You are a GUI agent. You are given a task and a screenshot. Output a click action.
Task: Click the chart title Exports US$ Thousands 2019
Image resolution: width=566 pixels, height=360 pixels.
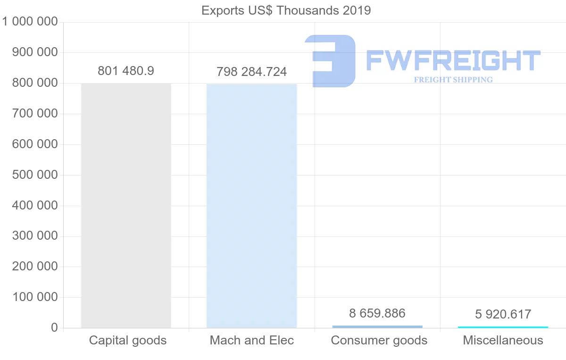(286, 10)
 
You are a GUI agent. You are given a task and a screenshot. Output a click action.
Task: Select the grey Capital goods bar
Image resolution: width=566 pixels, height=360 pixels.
(126, 205)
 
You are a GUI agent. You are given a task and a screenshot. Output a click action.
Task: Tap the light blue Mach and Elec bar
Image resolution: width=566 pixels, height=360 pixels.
(251, 206)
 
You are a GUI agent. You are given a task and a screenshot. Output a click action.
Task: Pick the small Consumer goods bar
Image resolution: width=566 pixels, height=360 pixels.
(377, 327)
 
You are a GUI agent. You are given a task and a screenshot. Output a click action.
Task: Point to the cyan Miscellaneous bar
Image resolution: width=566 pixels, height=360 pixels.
(503, 327)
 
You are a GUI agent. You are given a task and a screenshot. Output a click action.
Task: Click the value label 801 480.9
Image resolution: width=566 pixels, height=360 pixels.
(126, 71)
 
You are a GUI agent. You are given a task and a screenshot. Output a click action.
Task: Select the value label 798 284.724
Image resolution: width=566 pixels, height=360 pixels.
(251, 72)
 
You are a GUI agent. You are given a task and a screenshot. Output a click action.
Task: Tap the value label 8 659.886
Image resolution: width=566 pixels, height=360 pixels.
(377, 313)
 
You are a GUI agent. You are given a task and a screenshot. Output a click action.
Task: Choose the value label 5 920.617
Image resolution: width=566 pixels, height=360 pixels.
(503, 314)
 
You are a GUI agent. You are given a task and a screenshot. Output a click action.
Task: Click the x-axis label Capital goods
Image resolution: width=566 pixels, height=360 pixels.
(128, 340)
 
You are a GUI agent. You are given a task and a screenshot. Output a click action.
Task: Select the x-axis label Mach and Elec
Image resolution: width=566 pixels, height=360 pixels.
(252, 340)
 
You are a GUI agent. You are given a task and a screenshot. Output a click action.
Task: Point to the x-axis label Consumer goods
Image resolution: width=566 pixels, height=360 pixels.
(379, 340)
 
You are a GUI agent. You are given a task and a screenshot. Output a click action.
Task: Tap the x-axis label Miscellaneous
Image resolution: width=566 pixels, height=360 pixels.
(503, 340)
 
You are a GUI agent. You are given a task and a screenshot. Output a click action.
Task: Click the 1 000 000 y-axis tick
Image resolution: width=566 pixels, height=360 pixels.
(30, 22)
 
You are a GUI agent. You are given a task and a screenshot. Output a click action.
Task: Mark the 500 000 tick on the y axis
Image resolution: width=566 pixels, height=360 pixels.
(34, 175)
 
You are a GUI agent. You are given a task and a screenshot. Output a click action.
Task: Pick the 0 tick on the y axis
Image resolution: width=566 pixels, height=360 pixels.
(54, 328)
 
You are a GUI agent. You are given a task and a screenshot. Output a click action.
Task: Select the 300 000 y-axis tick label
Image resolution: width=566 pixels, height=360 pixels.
(34, 236)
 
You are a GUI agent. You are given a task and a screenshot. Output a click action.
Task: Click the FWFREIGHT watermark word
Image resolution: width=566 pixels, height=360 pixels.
(453, 60)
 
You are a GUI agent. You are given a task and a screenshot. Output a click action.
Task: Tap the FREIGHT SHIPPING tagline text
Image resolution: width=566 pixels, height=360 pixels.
(453, 80)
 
